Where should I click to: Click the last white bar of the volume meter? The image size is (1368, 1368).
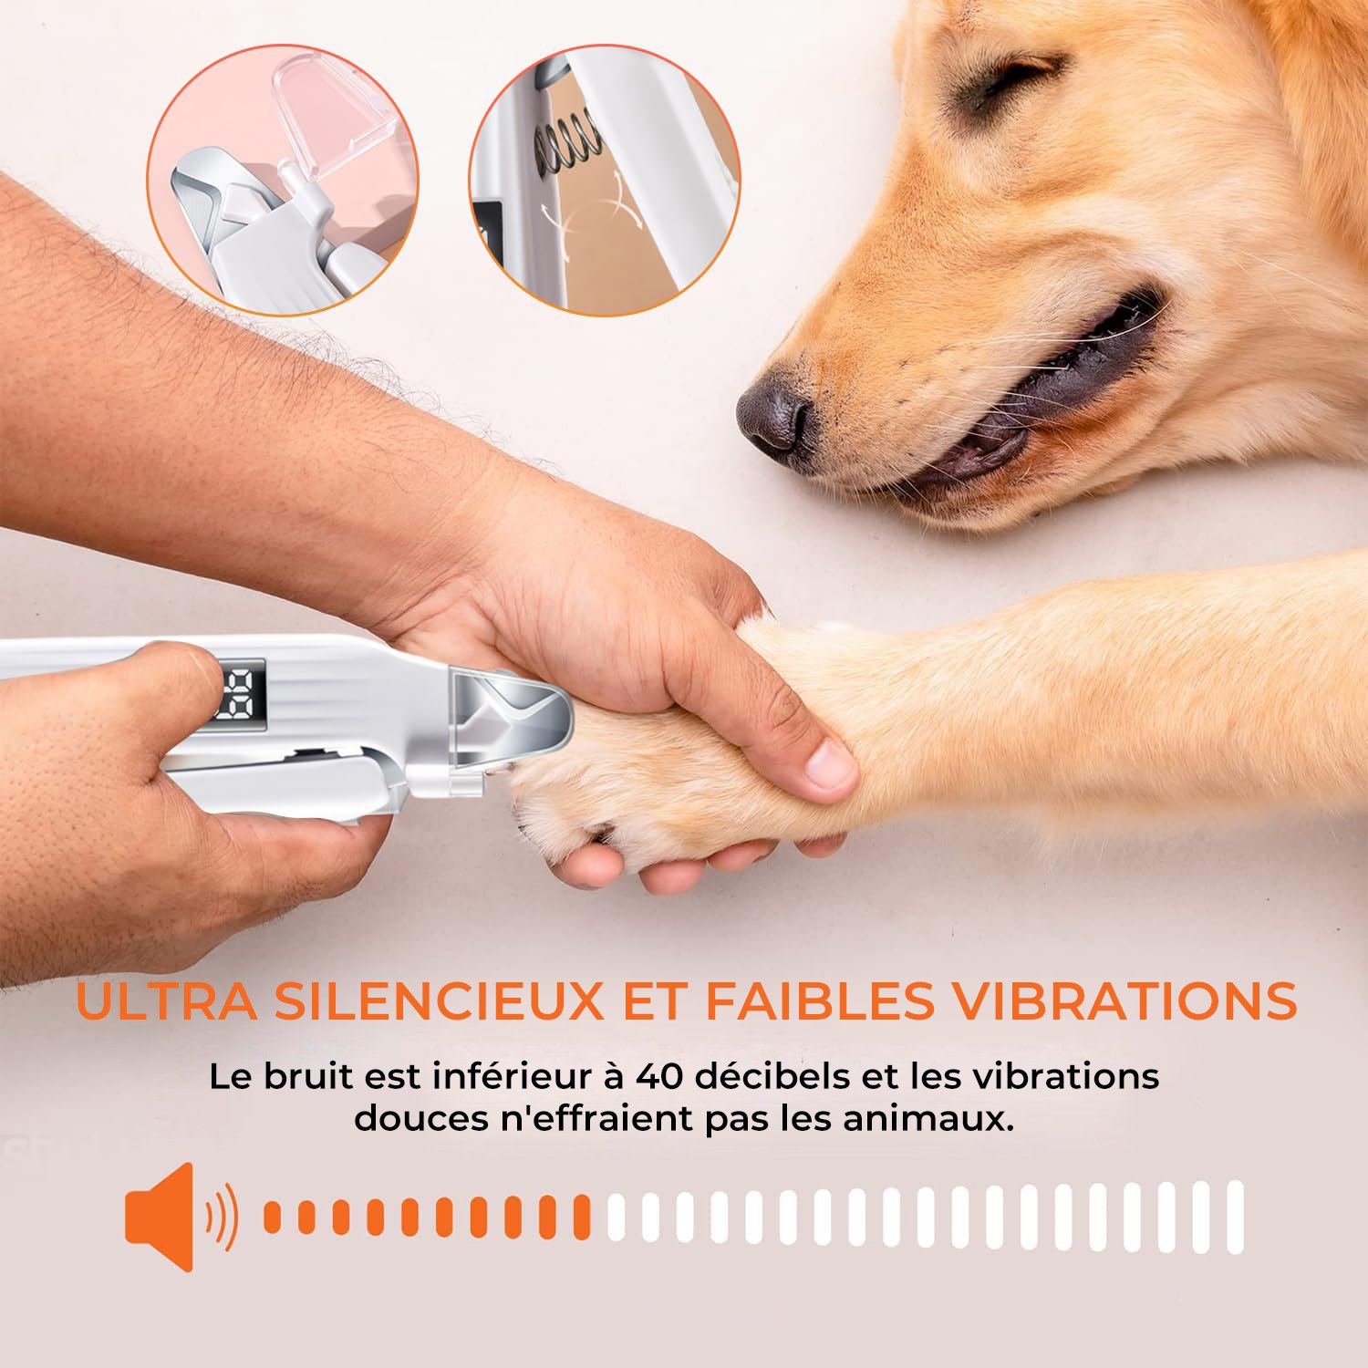point(1235,1217)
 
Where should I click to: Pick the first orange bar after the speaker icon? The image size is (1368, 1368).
point(272,1218)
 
